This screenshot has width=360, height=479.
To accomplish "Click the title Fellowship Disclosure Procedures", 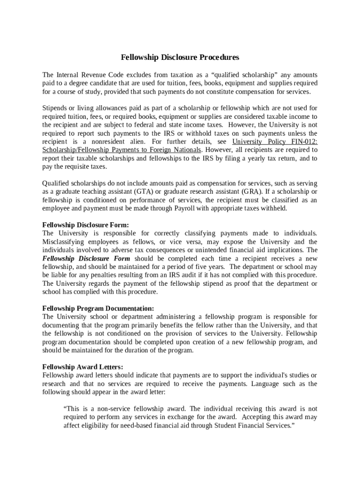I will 180,58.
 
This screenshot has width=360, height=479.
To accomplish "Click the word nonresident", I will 98,141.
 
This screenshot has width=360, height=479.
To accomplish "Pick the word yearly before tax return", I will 245,158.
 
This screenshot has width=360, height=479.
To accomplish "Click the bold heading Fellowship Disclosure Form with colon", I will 86,225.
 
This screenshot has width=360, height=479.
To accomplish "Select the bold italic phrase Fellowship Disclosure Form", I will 86,259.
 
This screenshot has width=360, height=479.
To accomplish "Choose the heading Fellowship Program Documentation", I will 98,308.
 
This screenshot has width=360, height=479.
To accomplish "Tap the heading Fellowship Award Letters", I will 83,367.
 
